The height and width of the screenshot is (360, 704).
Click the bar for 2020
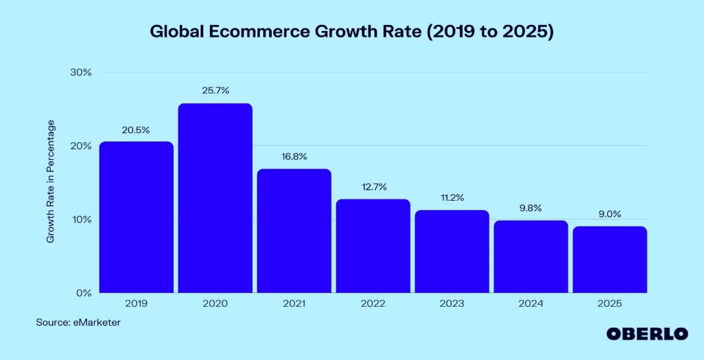click(215, 197)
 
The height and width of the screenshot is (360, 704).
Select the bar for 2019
click(136, 217)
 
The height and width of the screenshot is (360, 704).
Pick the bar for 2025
click(609, 259)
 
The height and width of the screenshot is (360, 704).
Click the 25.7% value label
click(215, 91)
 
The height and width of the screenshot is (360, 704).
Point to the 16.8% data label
click(294, 157)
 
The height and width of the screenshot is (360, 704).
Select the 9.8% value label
click(530, 208)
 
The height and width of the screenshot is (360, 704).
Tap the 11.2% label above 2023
click(451, 197)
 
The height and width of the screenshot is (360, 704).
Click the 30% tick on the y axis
click(80, 72)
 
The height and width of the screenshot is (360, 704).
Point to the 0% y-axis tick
click(83, 293)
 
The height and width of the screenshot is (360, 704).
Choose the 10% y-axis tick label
click(80, 219)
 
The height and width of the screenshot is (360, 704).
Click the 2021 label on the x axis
click(294, 304)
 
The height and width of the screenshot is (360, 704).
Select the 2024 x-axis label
click(530, 304)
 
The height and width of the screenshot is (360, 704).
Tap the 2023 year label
click(451, 304)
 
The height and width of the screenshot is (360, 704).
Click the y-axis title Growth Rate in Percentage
click(51, 182)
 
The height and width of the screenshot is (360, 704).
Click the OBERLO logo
click(647, 334)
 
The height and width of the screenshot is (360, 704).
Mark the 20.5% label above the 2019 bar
click(136, 130)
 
